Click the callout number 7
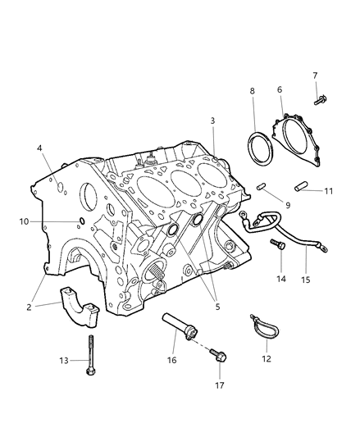coord(315,75)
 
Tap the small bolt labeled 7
coord(321,100)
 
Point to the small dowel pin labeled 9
coord(262,186)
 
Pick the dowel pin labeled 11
coord(301,186)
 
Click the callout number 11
coord(329,191)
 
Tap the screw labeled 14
coord(279,244)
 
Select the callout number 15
coord(306,280)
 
